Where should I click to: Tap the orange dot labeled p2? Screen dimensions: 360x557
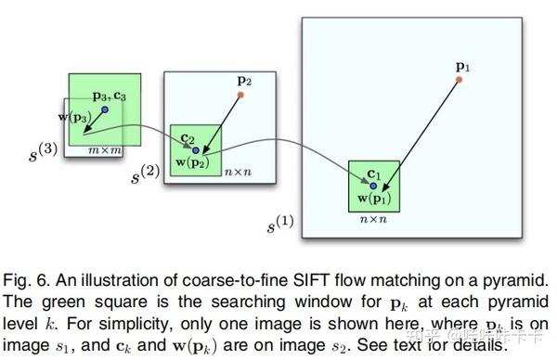click(x=240, y=95)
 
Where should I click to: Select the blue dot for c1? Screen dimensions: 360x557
click(x=373, y=186)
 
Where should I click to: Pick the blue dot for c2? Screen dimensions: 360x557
click(x=196, y=150)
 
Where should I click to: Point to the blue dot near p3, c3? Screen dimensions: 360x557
click(x=105, y=109)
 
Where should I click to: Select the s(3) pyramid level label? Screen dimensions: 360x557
click(x=45, y=149)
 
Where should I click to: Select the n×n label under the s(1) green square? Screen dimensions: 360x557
click(x=372, y=221)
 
